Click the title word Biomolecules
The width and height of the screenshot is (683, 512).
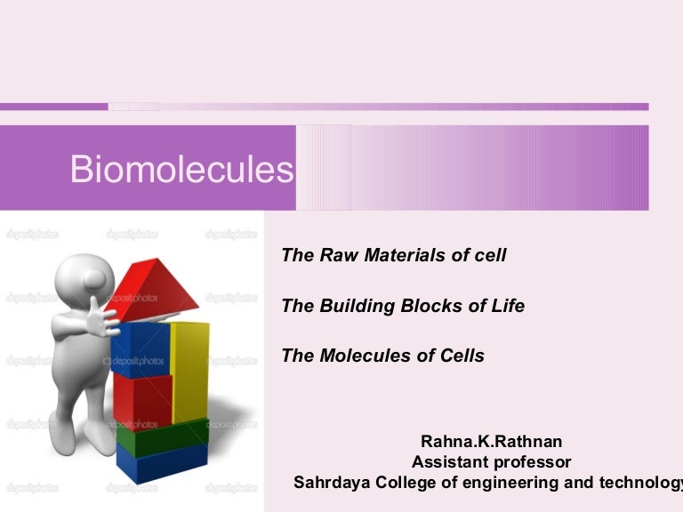(181, 170)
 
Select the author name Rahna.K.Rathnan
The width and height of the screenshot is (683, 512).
(491, 441)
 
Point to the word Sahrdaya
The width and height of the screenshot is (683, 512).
(332, 483)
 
